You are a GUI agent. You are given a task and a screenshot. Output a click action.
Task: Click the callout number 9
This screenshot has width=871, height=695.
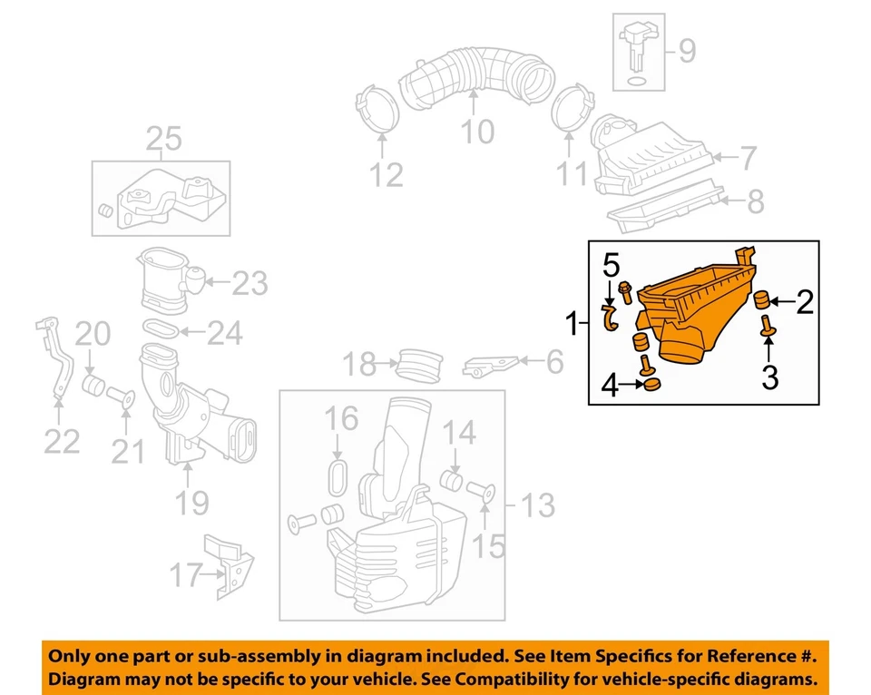coord(687,52)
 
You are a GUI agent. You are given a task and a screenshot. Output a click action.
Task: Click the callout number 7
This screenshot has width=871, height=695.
coord(747,159)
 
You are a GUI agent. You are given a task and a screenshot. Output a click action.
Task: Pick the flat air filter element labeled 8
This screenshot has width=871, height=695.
coord(667,204)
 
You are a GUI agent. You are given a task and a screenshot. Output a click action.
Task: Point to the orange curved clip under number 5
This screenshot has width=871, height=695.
coord(610,318)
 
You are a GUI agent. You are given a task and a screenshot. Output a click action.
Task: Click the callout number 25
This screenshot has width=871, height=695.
coord(164,139)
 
